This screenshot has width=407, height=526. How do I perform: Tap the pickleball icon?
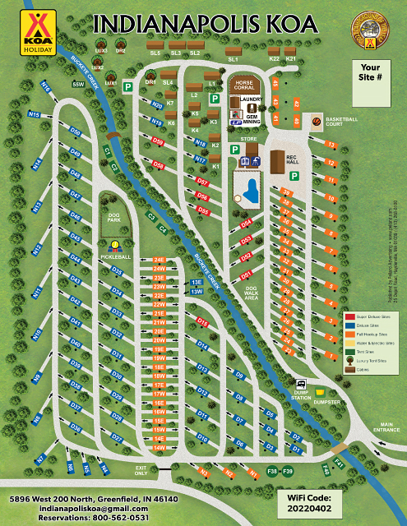113,246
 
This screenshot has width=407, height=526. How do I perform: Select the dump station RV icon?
302,384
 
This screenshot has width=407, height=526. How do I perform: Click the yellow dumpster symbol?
320,392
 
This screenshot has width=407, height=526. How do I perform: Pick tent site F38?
271,471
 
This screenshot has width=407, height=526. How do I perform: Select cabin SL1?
233,59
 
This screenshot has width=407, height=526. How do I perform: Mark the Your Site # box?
371,72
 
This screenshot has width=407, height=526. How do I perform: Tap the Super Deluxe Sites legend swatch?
349,316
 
